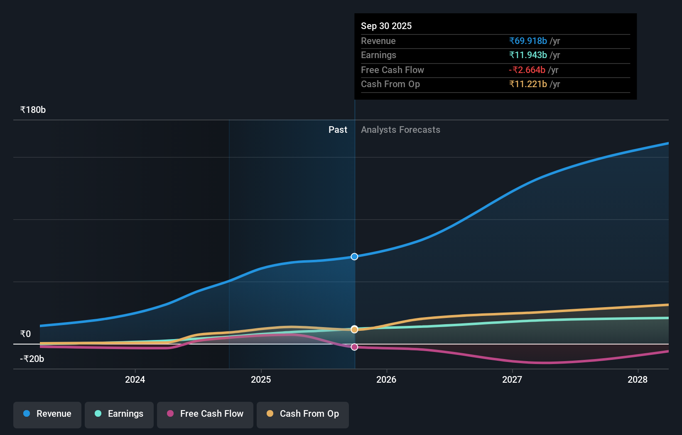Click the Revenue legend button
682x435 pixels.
tap(47, 414)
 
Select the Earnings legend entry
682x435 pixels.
tap(119, 414)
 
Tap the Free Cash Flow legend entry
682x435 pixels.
tap(205, 414)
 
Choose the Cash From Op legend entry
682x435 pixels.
tap(303, 414)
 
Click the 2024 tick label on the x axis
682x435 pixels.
tap(135, 379)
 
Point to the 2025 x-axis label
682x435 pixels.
tap(261, 379)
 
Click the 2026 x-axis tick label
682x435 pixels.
tap(386, 379)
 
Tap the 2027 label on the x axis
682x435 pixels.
tap(512, 379)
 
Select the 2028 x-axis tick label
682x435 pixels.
tap(638, 379)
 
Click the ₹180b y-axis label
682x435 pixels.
tap(33, 110)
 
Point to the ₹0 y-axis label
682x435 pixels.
tap(25, 334)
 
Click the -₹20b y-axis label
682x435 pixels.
tap(32, 359)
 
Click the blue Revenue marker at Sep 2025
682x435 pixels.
tap(354, 257)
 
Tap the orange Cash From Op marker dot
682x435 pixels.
tap(354, 330)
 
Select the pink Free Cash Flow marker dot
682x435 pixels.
tap(354, 347)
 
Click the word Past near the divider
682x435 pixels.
tap(338, 130)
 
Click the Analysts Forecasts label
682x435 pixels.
tap(400, 130)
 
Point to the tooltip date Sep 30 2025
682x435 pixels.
tap(386, 26)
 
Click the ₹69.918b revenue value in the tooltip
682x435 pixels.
tap(528, 41)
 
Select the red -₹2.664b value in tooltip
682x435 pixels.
tap(527, 70)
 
